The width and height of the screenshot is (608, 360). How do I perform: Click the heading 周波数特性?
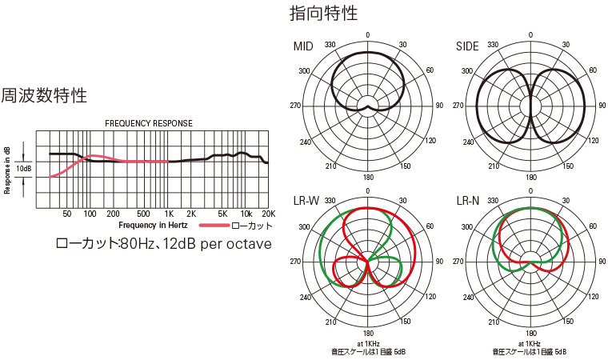click(x=44, y=95)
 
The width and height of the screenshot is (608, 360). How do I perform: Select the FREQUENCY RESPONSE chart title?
click(x=149, y=124)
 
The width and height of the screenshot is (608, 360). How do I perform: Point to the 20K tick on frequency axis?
click(x=269, y=214)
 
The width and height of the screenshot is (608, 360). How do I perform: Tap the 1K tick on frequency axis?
click(x=169, y=214)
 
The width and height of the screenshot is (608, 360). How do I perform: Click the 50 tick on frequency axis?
click(x=67, y=214)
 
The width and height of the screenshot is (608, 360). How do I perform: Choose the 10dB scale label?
click(x=24, y=170)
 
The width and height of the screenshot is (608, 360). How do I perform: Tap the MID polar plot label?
click(x=304, y=46)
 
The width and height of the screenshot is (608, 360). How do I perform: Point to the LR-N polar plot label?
click(x=469, y=199)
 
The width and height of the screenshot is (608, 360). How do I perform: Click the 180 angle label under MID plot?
click(x=368, y=178)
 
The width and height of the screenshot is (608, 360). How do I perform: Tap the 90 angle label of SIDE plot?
click(x=599, y=106)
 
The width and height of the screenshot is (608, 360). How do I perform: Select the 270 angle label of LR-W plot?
click(x=295, y=262)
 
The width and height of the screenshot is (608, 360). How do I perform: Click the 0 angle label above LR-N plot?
click(x=530, y=191)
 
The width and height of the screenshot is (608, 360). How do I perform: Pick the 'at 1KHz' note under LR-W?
click(x=368, y=344)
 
